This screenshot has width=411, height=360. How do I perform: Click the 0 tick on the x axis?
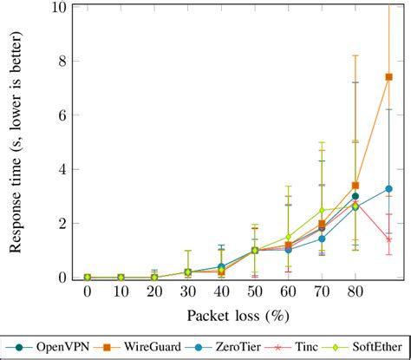coord(88,293)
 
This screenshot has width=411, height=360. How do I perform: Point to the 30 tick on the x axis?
coord(188,293)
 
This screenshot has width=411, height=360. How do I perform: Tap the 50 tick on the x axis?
coord(255,293)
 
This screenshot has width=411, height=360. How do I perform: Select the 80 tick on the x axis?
coord(356,293)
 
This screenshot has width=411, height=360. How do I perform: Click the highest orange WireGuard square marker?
coord(389,77)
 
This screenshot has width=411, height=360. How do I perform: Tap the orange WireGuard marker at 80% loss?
coord(356,186)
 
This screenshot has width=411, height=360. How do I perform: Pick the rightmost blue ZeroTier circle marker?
coord(389,188)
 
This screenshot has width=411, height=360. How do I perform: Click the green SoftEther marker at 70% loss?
coord(322,210)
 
